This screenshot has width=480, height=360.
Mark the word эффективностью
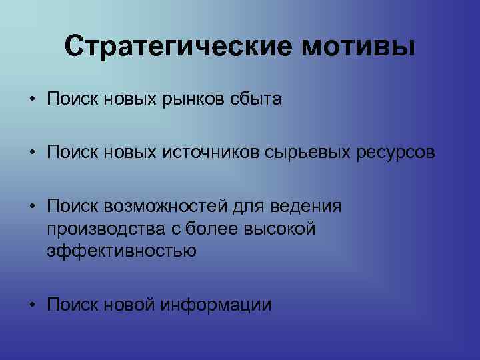click(122, 252)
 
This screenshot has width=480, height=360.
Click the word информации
click(217, 305)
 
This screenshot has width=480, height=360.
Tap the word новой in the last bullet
click(130, 305)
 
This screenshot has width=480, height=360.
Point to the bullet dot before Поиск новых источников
click(32, 154)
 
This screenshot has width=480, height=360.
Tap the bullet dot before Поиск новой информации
click(32, 305)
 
